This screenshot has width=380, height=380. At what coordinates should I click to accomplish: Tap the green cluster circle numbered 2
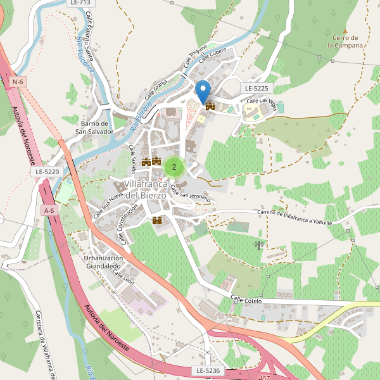(174, 167)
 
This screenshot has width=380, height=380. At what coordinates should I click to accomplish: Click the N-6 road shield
(18, 82)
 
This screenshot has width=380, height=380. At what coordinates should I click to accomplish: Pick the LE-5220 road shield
(47, 172)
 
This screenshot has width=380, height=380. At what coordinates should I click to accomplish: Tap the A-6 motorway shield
(49, 210)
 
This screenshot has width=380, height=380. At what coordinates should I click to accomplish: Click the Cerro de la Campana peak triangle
(345, 30)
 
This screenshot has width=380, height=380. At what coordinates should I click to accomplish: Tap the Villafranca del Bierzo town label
(145, 189)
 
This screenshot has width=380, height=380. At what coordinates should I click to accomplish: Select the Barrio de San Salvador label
(92, 127)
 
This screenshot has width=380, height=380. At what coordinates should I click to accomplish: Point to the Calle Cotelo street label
(246, 300)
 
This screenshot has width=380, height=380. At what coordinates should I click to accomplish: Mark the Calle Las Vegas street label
(261, 101)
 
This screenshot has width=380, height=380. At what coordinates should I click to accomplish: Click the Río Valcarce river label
(84, 60)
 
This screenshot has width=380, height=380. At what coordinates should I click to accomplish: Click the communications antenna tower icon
(258, 244)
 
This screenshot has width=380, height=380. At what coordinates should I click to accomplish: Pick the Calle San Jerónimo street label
(190, 197)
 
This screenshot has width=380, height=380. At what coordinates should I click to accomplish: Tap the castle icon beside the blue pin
(210, 106)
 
